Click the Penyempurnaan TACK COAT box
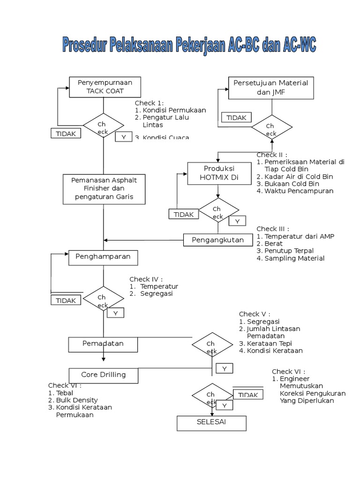pos(105,87)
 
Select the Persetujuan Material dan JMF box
pos(270,88)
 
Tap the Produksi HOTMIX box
pos(218,173)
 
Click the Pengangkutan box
pos(218,240)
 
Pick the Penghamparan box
pos(103,257)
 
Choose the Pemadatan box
pos(103,344)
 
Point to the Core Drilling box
pos(104,375)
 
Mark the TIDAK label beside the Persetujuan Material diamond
pos(236,118)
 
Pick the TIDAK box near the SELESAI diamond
pos(248,395)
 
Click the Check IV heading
pos(146,279)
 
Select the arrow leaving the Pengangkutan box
pos(141,240)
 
